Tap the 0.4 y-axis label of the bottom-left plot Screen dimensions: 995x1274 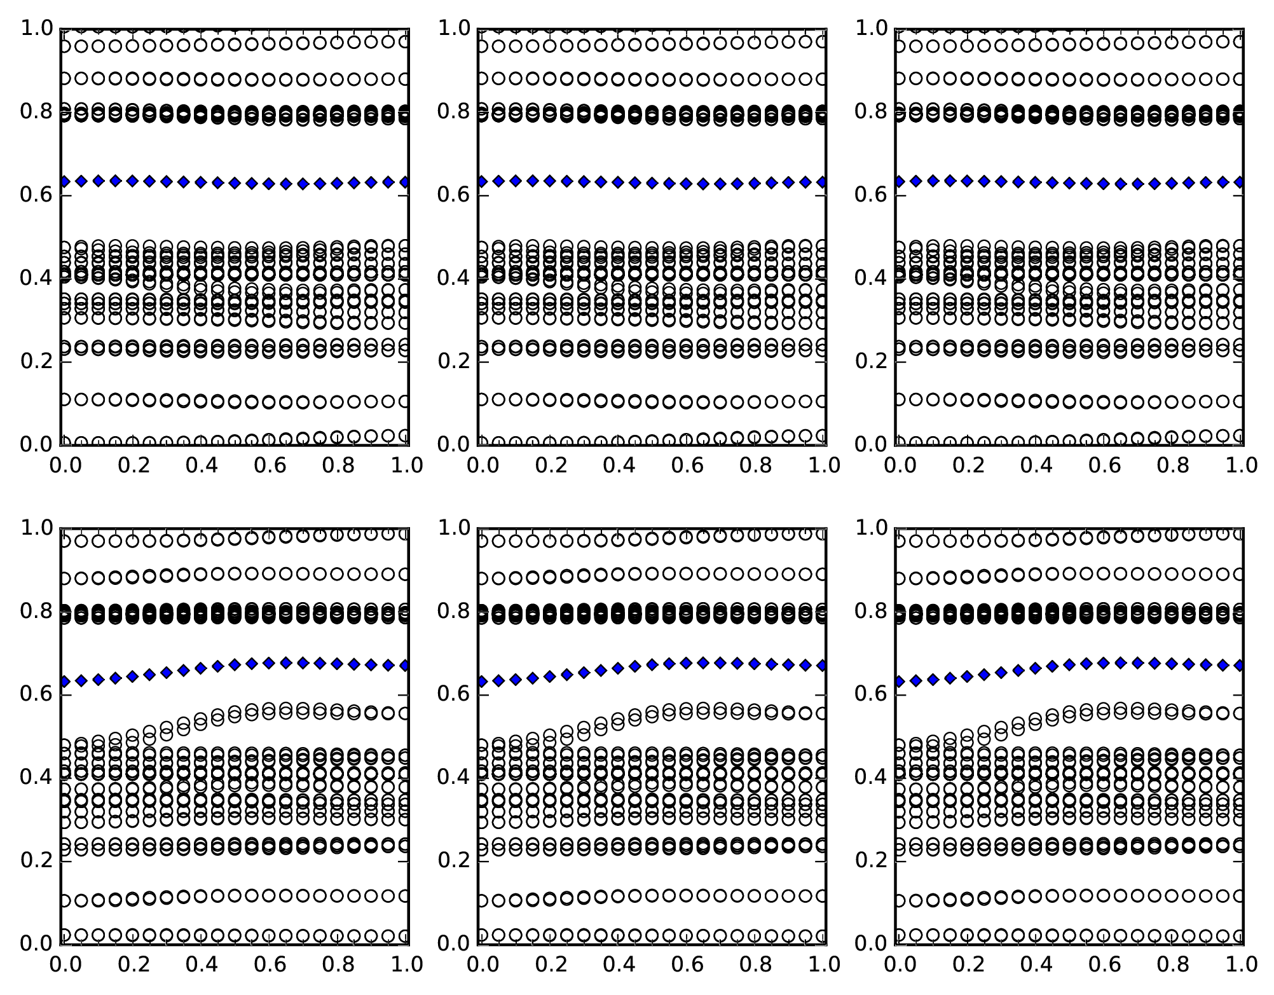[x=37, y=778]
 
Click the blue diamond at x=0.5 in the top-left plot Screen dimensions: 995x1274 [x=235, y=183]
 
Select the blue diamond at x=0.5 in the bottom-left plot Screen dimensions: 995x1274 [x=235, y=665]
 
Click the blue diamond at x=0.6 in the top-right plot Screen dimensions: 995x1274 [x=1104, y=184]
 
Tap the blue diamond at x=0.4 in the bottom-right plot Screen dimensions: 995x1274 [x=1035, y=668]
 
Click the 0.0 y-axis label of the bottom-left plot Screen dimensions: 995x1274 [x=37, y=944]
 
